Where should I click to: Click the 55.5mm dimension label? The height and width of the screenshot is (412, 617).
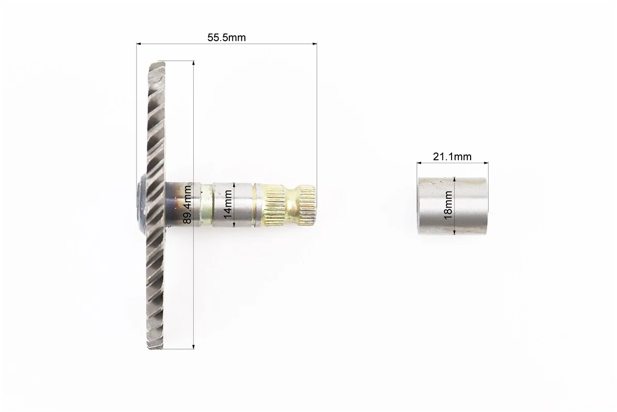tap(226, 38)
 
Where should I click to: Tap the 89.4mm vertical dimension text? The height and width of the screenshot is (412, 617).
tap(187, 204)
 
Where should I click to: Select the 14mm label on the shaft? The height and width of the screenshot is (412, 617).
tap(227, 204)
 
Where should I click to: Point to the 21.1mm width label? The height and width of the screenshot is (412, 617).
tap(452, 157)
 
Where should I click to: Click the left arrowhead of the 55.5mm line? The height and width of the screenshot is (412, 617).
tap(139, 44)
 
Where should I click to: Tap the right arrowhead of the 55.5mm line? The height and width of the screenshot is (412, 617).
tap(314, 44)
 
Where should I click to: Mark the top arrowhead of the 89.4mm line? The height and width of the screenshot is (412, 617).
tap(194, 63)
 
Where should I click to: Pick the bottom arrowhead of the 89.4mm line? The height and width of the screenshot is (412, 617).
tap(194, 347)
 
